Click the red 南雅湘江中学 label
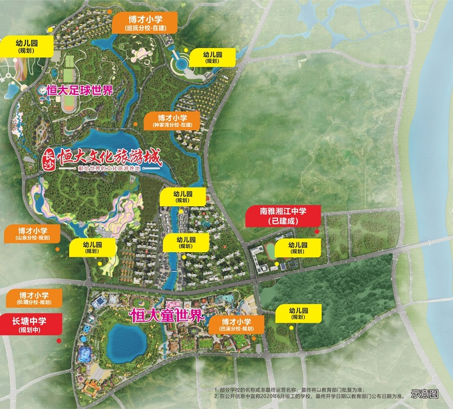click(283, 216)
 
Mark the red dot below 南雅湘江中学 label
click(317, 232)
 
